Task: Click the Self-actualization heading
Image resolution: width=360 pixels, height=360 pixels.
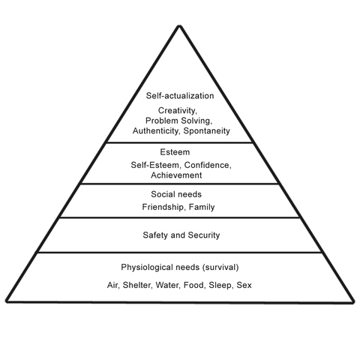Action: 181,96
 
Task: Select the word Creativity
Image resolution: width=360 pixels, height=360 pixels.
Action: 180,110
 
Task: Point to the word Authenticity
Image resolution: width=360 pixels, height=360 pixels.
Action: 154,130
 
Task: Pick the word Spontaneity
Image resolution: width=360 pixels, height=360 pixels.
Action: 205,130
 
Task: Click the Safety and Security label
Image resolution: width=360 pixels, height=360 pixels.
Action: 181,235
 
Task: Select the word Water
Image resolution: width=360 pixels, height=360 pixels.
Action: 178,285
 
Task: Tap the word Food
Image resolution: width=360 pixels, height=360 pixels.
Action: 208,285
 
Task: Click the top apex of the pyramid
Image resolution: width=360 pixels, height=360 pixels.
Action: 180,24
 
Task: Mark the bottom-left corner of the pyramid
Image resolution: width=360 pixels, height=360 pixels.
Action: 5,302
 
